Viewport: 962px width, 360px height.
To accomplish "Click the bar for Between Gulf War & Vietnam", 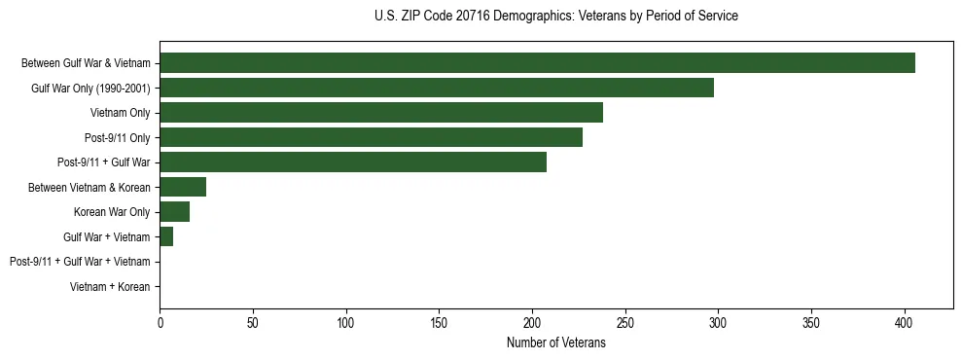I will [x=537, y=63].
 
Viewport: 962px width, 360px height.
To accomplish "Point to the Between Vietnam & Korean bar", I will [x=183, y=187].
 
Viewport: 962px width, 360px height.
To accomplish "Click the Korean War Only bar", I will [x=175, y=212].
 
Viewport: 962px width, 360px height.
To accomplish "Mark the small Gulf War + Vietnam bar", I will [x=166, y=236].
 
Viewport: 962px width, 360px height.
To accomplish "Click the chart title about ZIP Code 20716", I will [x=555, y=17].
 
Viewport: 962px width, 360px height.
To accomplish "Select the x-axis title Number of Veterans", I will [x=555, y=342].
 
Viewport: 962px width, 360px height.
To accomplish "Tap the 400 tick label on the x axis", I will [x=905, y=320].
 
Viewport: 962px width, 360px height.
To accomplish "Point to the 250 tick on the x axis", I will [x=625, y=320].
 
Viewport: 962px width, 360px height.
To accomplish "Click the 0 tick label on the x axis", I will [x=160, y=320].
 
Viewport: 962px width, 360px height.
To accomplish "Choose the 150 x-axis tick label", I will [x=440, y=320].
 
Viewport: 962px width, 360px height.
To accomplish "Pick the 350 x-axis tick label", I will [x=811, y=320].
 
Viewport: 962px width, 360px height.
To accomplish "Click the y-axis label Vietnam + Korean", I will [x=110, y=287].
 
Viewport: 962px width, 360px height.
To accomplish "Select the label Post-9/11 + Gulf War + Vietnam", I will [x=80, y=262].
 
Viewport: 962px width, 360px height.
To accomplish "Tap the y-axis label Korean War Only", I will [x=112, y=212].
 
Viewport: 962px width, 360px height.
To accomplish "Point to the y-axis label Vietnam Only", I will [x=120, y=113].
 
